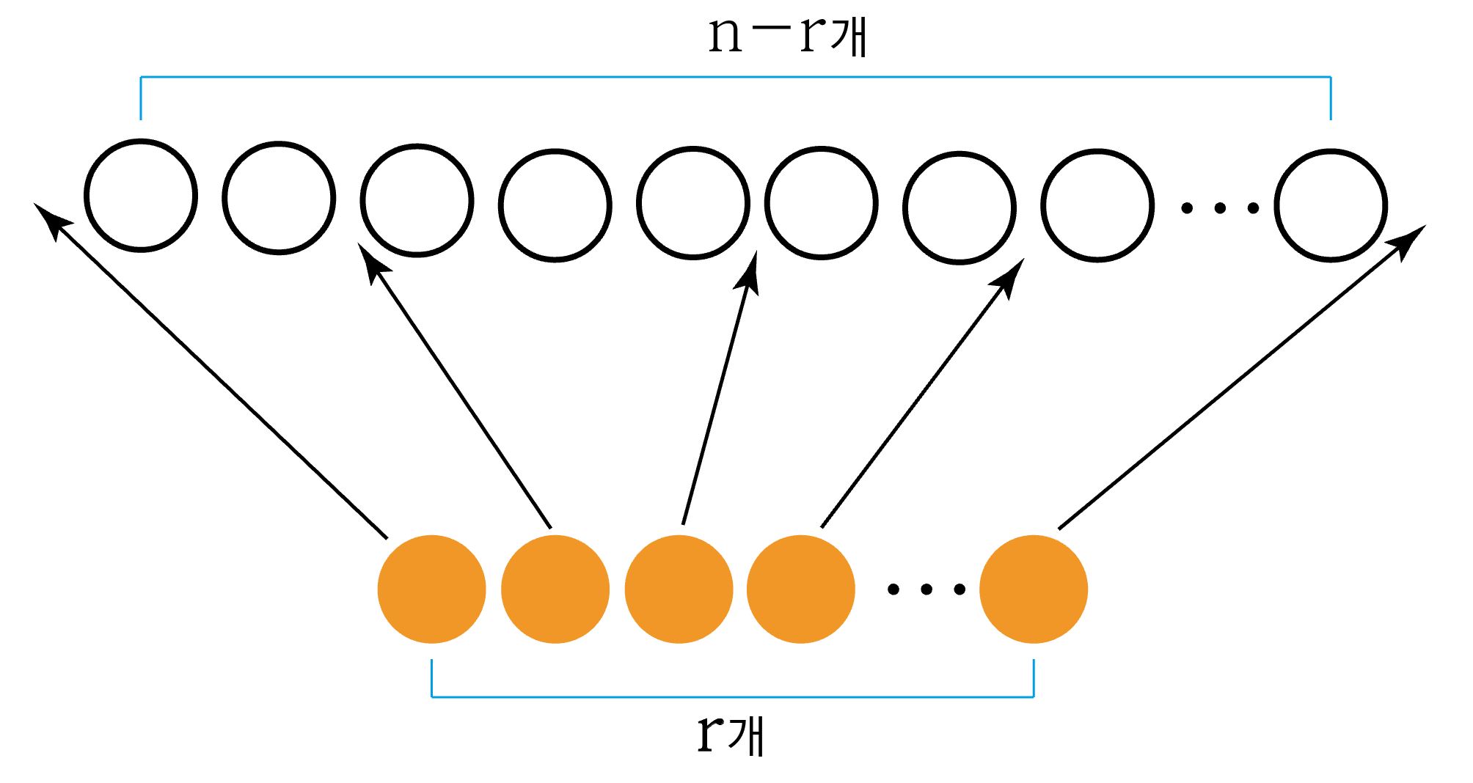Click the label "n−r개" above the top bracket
787,34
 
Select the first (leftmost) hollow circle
141,196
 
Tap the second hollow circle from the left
279,198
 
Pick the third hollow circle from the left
417,201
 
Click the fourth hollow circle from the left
555,205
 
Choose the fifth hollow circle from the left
692,203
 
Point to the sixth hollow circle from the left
821,203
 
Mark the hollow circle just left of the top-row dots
1097,205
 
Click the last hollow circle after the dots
1330,205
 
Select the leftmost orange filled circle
431,589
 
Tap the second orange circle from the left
555,589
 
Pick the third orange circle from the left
679,589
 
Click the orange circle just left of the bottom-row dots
800,589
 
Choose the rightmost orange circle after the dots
1033,589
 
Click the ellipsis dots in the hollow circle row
1219,209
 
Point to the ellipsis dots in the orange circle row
926,589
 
